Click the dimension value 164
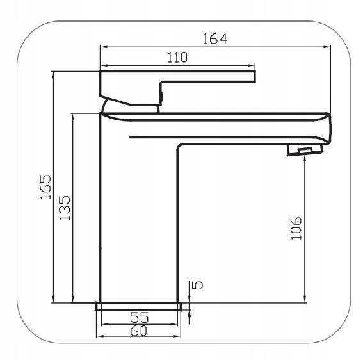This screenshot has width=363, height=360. tap(215, 39)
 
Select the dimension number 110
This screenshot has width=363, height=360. tap(177, 58)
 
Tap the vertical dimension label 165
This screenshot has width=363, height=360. tap(45, 187)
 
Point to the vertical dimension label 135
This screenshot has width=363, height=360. tap(65, 208)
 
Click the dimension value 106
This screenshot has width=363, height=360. tap(296, 228)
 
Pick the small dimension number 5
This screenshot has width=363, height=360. tap(197, 284)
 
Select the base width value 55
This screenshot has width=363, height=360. tap(139, 317)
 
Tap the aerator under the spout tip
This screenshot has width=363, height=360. tap(305, 151)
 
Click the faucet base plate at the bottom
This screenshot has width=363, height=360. tap(139, 306)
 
